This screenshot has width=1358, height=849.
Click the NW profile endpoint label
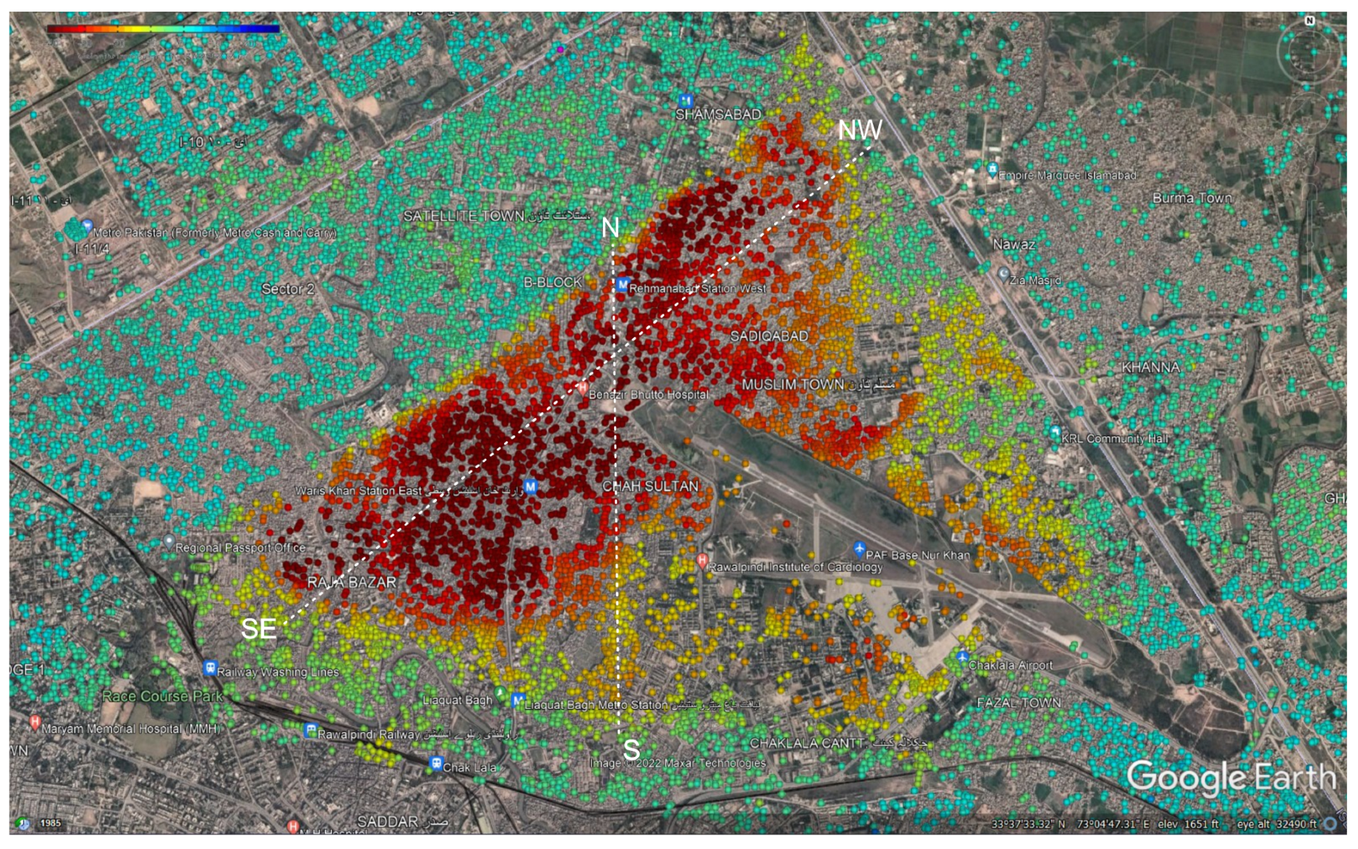(859, 130)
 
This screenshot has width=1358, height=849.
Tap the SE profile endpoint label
(259, 629)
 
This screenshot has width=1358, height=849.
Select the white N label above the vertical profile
(611, 228)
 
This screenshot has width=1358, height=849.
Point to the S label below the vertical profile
(632, 750)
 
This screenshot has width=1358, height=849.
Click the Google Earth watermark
(1231, 778)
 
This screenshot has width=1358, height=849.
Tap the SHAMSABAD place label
(717, 115)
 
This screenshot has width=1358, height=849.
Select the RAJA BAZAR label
(352, 582)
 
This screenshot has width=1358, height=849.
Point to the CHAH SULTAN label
(651, 486)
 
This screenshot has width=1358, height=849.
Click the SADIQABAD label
(769, 336)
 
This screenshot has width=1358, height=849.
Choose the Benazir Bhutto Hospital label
(648, 395)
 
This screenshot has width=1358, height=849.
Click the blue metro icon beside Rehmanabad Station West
(621, 285)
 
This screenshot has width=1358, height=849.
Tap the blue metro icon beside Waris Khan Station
(531, 486)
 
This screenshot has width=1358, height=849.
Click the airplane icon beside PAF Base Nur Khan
(859, 548)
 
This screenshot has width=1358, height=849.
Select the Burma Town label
(1192, 198)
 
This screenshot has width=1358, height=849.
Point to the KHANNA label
(1150, 368)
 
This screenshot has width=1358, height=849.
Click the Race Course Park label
(162, 696)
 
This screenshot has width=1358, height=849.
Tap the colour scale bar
(164, 29)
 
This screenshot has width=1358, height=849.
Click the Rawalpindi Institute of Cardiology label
(795, 567)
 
